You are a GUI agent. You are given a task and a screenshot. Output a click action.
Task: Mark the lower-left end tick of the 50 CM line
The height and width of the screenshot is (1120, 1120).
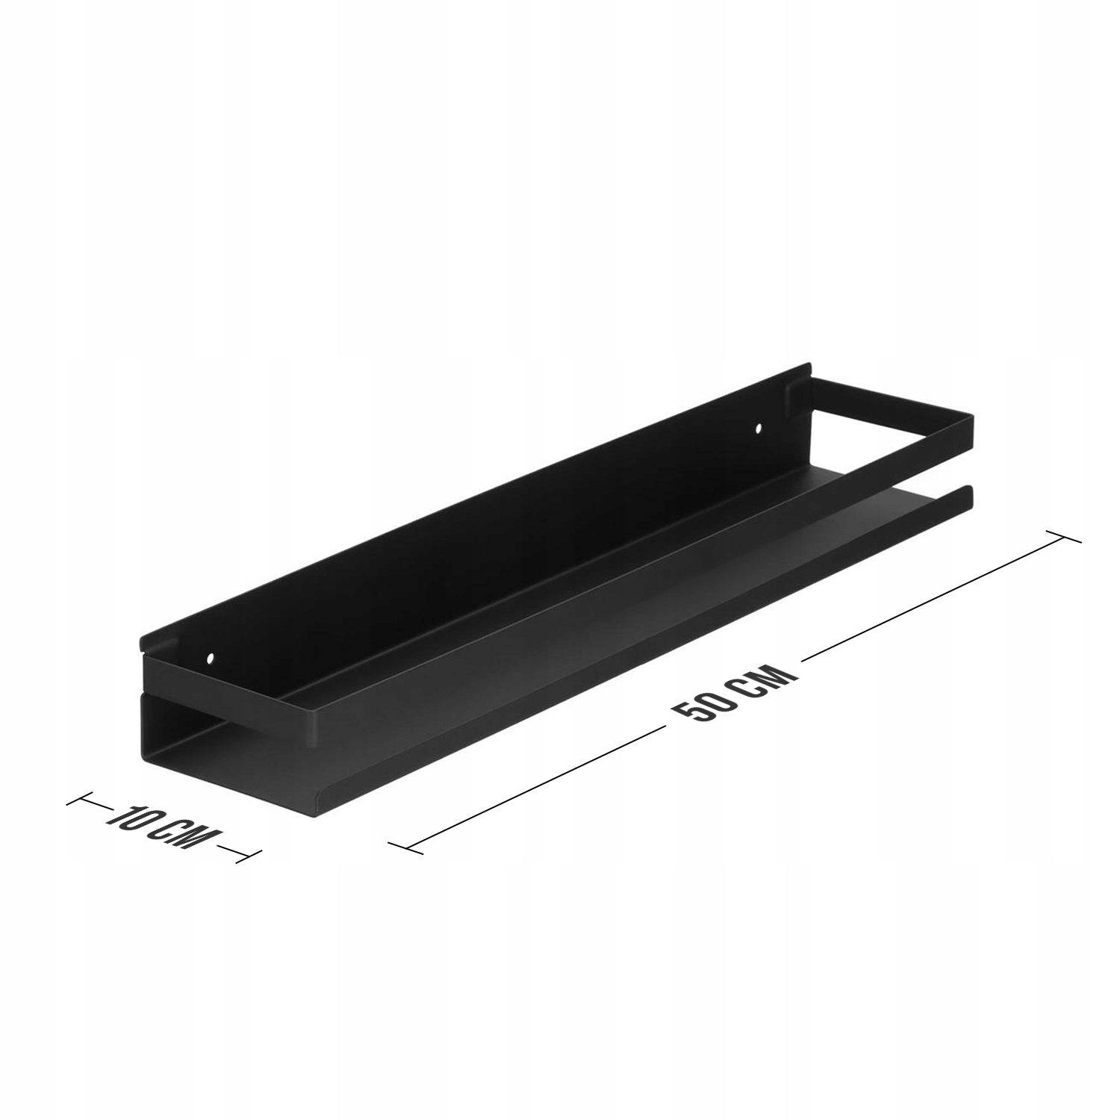point(406,844)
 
